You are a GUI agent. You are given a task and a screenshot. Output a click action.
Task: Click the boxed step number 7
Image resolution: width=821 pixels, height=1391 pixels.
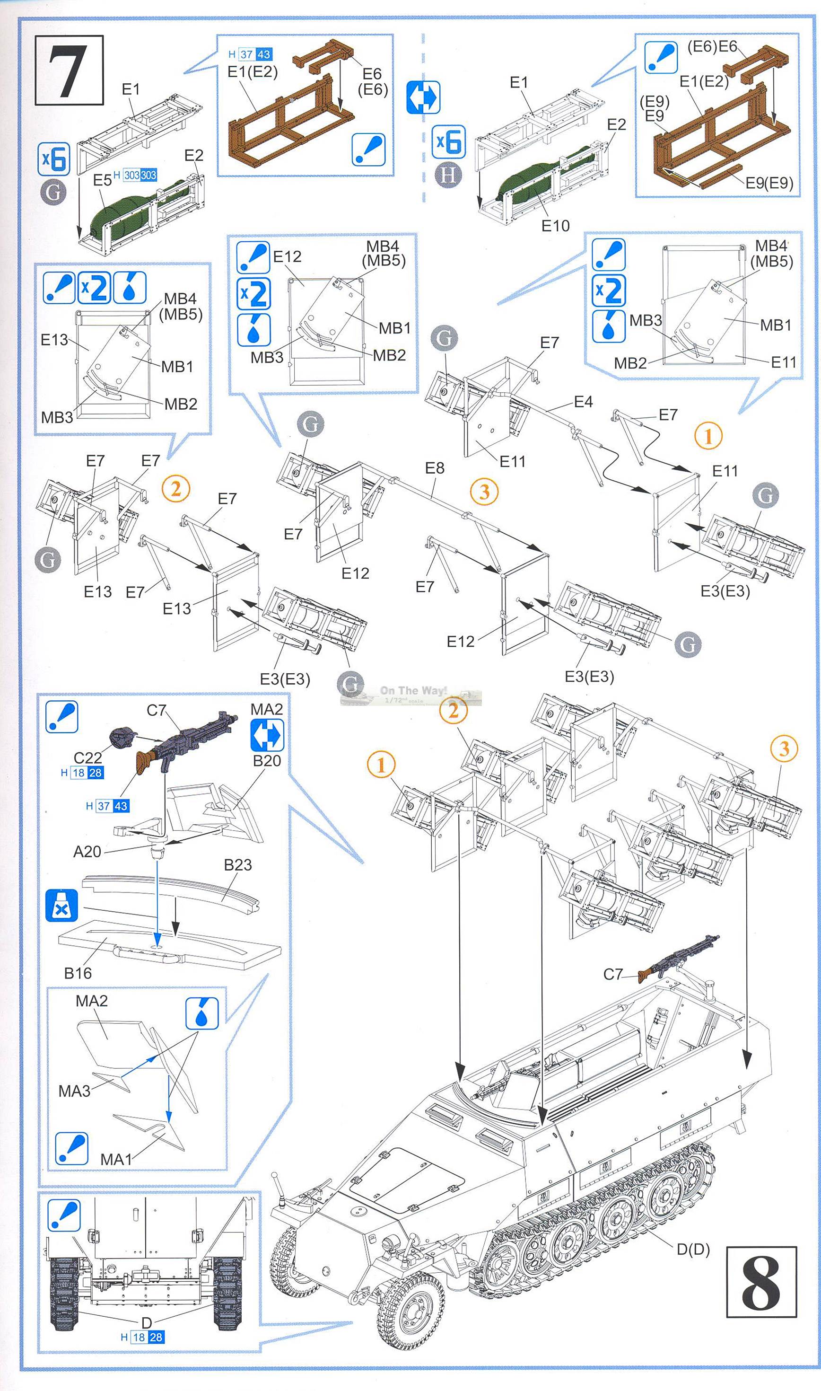point(69,70)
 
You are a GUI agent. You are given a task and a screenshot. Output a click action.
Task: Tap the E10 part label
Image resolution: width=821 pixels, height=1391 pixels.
point(555,226)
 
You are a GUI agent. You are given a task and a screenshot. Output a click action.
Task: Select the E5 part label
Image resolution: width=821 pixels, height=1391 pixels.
point(102,180)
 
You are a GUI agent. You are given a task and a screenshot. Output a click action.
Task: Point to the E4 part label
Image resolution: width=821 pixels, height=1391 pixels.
point(583,402)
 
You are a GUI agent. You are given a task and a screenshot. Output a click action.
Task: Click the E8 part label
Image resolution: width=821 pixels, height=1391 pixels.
point(434,468)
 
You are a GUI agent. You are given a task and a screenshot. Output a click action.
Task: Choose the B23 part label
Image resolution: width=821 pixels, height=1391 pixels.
point(238,865)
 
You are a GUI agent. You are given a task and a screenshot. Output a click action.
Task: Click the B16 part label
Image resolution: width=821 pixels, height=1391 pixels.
point(78,973)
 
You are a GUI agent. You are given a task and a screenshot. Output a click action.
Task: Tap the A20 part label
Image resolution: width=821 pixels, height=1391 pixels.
point(87,852)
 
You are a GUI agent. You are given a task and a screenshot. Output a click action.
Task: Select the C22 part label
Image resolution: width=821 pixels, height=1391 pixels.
point(87,757)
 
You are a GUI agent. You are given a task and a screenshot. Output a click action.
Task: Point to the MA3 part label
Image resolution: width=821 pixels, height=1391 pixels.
point(74,1091)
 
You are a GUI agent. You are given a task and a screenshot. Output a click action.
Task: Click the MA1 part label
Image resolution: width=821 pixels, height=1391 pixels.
point(115,1159)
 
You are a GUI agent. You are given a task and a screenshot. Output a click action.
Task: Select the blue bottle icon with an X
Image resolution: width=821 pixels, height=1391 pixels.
point(61,906)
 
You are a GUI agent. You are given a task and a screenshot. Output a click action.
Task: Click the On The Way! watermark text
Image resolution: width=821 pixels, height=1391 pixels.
point(413,690)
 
